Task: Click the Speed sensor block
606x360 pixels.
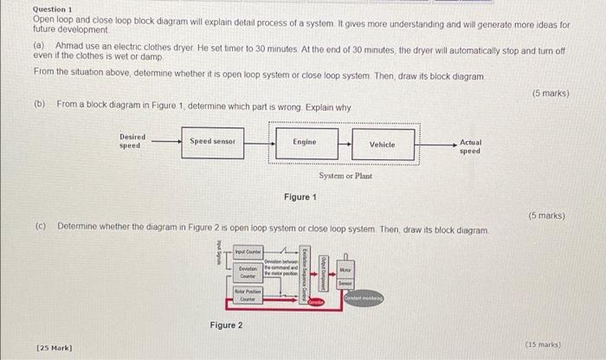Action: tap(213, 141)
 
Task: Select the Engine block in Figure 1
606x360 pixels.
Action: tap(305, 141)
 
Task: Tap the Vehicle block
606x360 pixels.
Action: tap(382, 145)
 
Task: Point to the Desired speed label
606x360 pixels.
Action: tap(132, 141)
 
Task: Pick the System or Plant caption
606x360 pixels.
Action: tap(345, 175)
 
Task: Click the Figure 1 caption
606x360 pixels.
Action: tap(300, 197)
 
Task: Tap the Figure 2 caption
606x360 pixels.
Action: tap(226, 325)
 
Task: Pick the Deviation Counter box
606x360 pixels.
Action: tap(248, 273)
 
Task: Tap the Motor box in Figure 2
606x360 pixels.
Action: tap(345, 270)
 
